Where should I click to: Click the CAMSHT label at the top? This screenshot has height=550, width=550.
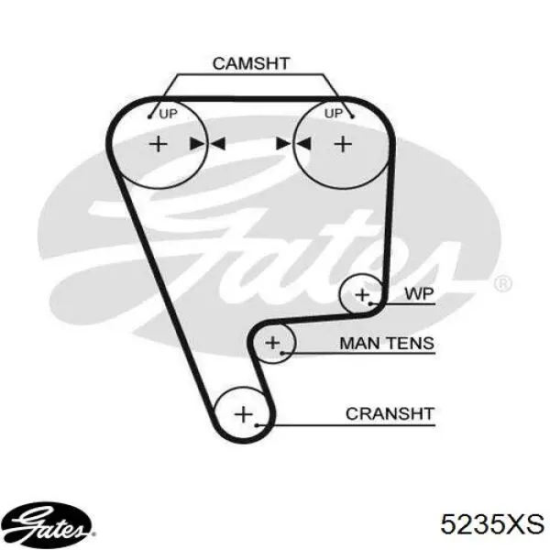click(x=251, y=63)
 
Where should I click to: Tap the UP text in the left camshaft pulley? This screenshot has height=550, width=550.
click(x=169, y=114)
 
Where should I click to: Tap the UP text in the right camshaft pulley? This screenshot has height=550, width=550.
click(x=334, y=114)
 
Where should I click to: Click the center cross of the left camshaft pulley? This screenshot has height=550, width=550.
click(x=159, y=144)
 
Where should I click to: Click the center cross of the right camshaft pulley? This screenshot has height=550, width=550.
click(x=343, y=144)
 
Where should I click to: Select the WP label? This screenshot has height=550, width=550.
click(x=420, y=293)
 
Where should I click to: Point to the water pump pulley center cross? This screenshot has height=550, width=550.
click(x=362, y=294)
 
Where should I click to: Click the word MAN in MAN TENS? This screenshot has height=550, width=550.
click(x=357, y=343)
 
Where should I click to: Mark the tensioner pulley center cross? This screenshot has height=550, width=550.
click(x=272, y=343)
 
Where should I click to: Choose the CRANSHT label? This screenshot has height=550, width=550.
click(x=390, y=414)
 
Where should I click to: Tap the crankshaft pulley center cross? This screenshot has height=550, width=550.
click(x=244, y=414)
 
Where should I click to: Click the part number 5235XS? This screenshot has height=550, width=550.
click(x=492, y=524)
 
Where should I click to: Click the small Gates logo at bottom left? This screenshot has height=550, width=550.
click(x=48, y=524)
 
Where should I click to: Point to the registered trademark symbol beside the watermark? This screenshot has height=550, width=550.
click(x=503, y=283)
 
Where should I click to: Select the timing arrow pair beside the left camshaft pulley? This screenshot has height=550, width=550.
click(x=207, y=144)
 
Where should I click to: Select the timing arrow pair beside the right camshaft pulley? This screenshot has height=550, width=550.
click(x=293, y=144)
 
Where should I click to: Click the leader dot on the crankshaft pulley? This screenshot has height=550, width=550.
click(x=257, y=425)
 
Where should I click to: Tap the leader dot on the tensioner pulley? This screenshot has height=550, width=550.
click(x=281, y=353)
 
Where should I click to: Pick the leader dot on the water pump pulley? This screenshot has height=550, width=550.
click(x=370, y=303)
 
